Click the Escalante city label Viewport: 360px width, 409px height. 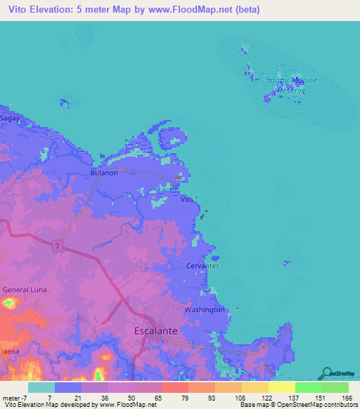155,330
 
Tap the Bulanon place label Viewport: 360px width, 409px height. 102,171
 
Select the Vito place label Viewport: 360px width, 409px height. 186,200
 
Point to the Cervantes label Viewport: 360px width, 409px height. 203,266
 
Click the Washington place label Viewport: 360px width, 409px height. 205,309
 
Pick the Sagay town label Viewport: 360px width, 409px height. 9,119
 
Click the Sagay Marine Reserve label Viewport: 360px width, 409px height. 291,85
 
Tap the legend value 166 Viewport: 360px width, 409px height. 345,397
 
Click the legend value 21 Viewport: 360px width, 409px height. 78,397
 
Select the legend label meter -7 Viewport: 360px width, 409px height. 12,397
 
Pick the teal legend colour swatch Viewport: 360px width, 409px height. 41,387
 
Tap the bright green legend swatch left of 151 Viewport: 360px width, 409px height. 308,387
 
